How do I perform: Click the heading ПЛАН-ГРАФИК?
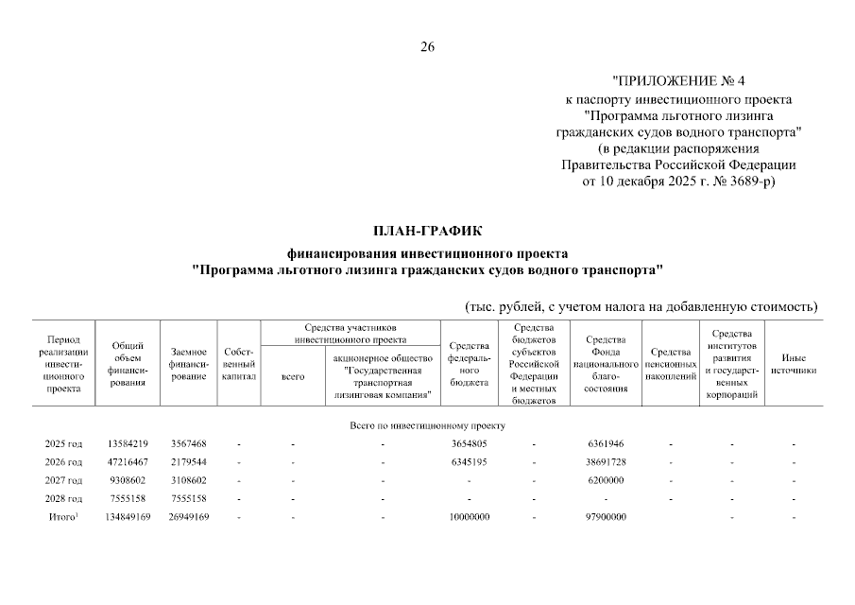(427, 230)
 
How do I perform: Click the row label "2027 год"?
(63, 479)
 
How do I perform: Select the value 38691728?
(607, 461)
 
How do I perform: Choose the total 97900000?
(607, 516)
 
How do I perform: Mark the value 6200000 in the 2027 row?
(607, 479)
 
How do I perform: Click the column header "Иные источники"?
(794, 364)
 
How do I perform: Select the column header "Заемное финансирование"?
(188, 364)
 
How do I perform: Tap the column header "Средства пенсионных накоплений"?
(670, 364)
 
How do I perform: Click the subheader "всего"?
(294, 376)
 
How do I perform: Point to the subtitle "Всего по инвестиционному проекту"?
(427, 425)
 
